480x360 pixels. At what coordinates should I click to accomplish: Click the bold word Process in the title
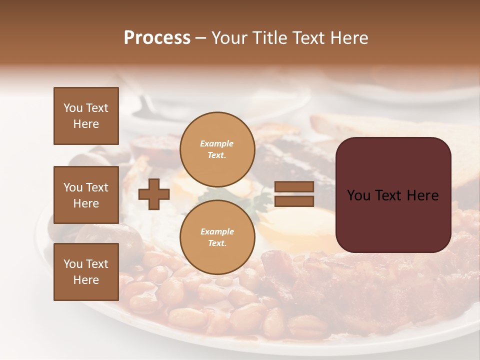(x=157, y=38)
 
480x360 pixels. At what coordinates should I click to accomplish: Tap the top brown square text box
(x=86, y=116)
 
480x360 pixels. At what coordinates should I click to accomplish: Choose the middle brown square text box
(x=86, y=195)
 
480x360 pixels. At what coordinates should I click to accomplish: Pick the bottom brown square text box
(x=86, y=271)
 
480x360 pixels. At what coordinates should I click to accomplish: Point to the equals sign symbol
(x=294, y=194)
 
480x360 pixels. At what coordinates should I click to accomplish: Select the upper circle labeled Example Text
(x=217, y=149)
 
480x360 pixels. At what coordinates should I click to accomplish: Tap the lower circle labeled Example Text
(x=217, y=237)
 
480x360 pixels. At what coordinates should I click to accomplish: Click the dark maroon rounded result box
(x=393, y=195)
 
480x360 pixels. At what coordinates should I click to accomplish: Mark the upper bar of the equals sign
(x=294, y=187)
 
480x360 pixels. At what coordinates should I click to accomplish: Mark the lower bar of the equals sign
(x=294, y=201)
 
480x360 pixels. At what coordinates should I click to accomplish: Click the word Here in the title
(x=349, y=38)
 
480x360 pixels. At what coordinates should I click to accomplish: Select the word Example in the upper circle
(x=217, y=143)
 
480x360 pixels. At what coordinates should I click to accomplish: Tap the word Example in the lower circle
(x=217, y=231)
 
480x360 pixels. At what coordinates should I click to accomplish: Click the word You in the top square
(x=72, y=108)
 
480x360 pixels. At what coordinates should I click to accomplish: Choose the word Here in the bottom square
(x=86, y=280)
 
